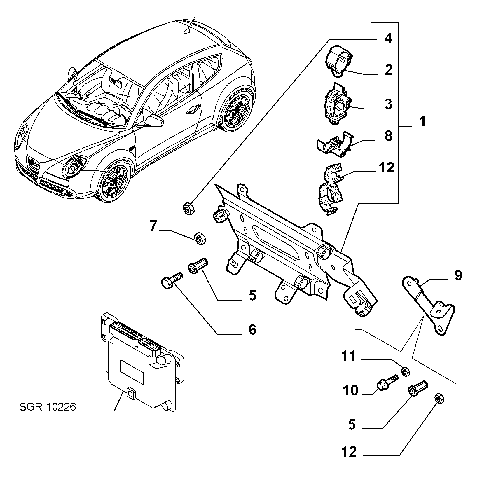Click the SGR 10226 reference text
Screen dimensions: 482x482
[48, 407]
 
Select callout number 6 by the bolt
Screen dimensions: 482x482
[252, 329]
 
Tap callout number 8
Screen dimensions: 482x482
[388, 136]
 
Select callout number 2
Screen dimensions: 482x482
[388, 70]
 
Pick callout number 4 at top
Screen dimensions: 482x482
[388, 38]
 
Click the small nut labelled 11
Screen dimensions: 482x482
[406, 372]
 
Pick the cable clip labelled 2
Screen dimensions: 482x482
[338, 61]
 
